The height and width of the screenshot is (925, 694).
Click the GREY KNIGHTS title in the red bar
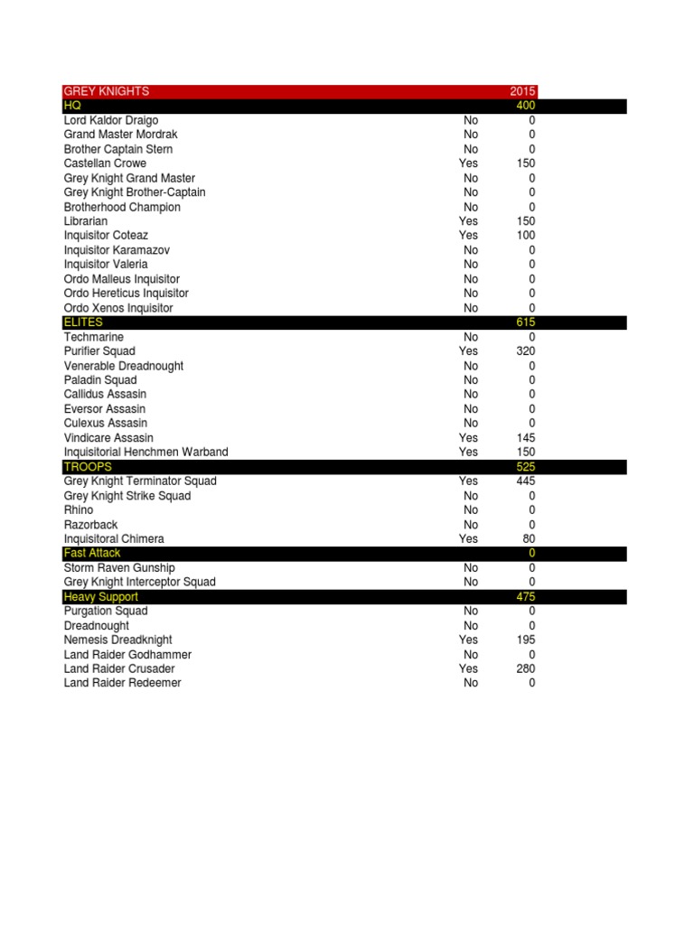coord(107,91)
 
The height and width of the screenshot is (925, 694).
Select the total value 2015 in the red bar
coord(522,91)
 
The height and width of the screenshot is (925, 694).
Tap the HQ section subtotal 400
coord(526,106)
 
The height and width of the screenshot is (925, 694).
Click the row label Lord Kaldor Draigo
coord(111,120)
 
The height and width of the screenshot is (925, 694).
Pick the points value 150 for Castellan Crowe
coord(526,164)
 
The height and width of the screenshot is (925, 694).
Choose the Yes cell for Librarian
coord(468,221)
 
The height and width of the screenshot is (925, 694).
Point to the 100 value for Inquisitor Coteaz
coord(526,236)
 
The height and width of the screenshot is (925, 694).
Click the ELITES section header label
coord(83,322)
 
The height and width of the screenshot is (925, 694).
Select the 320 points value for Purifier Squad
coord(526,351)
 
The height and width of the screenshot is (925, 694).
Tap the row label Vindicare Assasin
coord(109,438)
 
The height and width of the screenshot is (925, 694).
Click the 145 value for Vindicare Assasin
coord(526,438)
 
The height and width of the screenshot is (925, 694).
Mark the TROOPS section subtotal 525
coord(526,467)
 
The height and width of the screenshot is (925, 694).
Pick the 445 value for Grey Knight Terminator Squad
coord(526,481)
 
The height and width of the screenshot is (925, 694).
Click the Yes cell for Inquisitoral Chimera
coord(468,539)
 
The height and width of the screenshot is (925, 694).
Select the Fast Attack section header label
coord(92,553)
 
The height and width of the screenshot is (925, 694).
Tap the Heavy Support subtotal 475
coord(526,597)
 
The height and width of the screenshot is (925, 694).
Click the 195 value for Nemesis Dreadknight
coord(526,640)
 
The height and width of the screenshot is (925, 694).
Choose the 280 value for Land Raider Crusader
coord(526,669)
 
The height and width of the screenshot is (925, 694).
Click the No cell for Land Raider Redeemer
coord(471,684)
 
